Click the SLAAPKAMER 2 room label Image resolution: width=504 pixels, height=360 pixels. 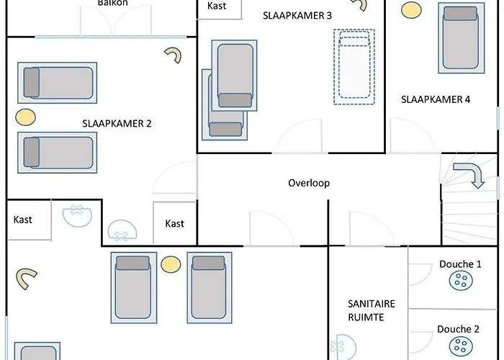[x=117, y=123]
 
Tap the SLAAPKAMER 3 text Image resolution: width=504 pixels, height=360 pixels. [x=297, y=15]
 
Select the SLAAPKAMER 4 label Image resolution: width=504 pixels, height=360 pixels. [x=436, y=99]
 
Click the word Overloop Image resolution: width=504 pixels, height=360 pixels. [x=309, y=183]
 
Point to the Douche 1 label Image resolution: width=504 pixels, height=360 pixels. [x=460, y=264]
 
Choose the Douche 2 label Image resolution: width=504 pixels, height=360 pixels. [x=458, y=329]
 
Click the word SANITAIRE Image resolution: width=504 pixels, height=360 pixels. [x=372, y=304]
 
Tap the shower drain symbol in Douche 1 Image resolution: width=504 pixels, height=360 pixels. [x=461, y=280]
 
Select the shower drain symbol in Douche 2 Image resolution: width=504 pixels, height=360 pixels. [x=461, y=346]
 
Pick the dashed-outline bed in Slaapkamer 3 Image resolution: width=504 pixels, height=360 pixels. [x=354, y=66]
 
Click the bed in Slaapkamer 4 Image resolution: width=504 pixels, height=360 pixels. [x=462, y=38]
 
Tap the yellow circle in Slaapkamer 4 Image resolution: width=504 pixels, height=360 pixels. [x=411, y=10]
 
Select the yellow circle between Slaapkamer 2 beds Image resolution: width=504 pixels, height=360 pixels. [x=25, y=117]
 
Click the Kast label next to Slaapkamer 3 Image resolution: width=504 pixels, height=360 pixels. [x=217, y=6]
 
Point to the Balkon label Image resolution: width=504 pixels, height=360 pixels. [x=113, y=3]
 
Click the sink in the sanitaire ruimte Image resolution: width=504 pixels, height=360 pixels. [x=345, y=346]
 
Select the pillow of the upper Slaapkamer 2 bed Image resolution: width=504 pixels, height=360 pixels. [x=32, y=82]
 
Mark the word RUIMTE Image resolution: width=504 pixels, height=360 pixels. [x=366, y=318]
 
